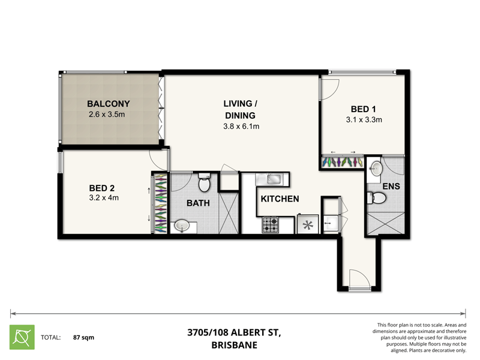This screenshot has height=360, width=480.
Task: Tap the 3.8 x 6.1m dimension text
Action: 240,127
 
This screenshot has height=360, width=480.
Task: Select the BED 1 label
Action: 364,109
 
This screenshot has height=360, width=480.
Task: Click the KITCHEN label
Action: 280,199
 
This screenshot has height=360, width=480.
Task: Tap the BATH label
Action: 197,203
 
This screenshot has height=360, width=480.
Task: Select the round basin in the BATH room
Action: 183,226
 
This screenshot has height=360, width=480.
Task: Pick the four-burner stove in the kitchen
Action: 271,225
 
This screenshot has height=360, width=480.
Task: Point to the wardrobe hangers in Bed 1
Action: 342,162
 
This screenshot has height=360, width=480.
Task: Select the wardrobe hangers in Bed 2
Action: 160,203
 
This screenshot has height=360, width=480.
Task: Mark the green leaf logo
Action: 22,337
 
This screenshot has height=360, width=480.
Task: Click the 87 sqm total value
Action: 83,338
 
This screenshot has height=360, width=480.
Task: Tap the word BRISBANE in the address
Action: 234,345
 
